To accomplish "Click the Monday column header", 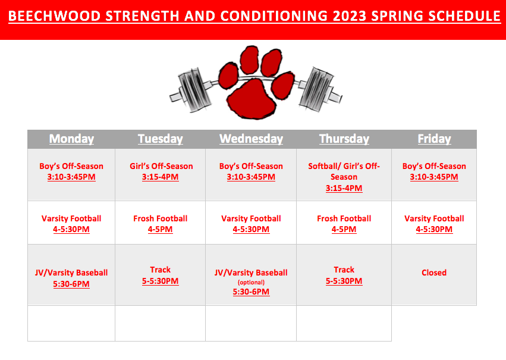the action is click(x=71, y=139).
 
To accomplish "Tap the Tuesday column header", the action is click(x=161, y=139).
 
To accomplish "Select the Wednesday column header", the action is click(x=251, y=139).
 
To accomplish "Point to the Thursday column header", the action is click(x=344, y=139).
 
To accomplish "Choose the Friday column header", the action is click(x=435, y=139).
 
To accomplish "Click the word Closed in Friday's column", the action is click(x=434, y=273).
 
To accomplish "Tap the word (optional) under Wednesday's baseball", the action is click(x=251, y=282).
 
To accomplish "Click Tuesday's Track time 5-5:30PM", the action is click(x=161, y=281).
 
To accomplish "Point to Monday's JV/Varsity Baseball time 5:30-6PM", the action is click(x=71, y=284).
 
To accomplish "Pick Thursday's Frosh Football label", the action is click(x=344, y=218).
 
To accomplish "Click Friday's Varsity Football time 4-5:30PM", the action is click(x=434, y=229).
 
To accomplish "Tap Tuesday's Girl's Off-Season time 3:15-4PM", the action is click(x=161, y=177).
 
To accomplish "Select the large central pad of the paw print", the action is click(x=252, y=99).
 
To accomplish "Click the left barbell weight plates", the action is click(x=194, y=90).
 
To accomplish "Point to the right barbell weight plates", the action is click(x=316, y=88).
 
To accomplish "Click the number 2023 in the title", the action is click(x=350, y=16).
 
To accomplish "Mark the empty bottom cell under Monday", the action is click(x=71, y=323).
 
